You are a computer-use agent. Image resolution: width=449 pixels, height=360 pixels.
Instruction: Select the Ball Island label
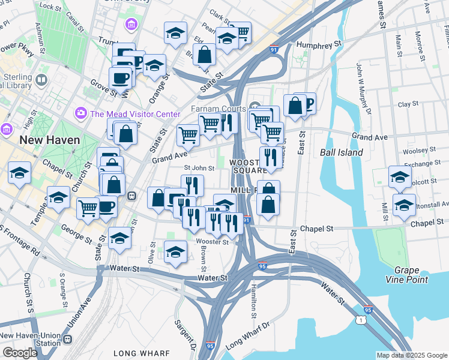[341, 152]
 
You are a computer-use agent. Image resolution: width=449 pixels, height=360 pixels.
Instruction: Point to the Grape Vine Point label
[411, 275]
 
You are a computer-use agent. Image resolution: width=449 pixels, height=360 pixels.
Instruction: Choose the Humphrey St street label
[321, 44]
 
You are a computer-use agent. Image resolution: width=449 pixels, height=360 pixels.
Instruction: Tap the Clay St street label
[408, 104]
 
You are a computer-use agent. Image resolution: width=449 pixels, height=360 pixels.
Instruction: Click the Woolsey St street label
[418, 151]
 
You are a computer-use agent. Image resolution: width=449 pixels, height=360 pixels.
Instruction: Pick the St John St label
[199, 168]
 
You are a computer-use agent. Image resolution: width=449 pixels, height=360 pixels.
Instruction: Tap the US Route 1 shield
[358, 321]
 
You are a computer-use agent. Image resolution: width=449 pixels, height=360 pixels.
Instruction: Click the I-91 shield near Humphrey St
[274, 48]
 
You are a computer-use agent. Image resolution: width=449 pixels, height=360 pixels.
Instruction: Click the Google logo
[20, 353]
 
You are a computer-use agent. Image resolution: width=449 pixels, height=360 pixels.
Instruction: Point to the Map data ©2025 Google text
[411, 355]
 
